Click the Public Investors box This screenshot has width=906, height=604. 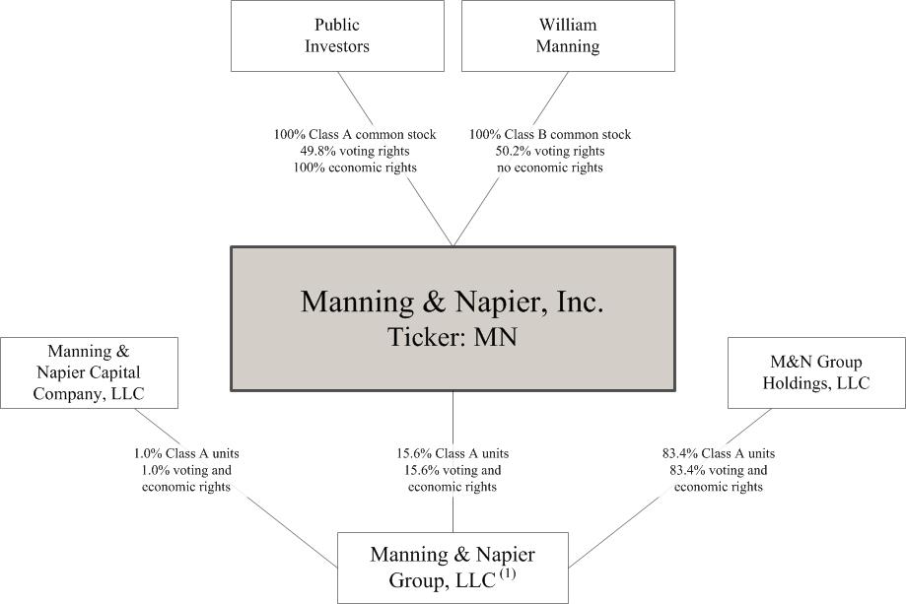pyautogui.click(x=337, y=35)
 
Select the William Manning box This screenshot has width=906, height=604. pyautogui.click(x=568, y=35)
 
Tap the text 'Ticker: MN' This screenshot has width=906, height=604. pyautogui.click(x=453, y=337)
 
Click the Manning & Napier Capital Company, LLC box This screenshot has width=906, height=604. pyautogui.click(x=89, y=373)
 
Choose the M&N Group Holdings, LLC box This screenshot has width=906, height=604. pyautogui.click(x=816, y=373)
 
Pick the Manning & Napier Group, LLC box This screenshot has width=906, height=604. pyautogui.click(x=453, y=568)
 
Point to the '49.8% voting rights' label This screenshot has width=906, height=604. pyautogui.click(x=355, y=152)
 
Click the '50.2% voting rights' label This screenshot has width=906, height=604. pyautogui.click(x=550, y=152)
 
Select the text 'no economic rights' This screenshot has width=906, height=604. pyautogui.click(x=550, y=168)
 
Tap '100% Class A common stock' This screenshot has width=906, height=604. pyautogui.click(x=355, y=135)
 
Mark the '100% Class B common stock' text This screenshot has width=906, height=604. pyautogui.click(x=550, y=135)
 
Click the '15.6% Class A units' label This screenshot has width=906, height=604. pyautogui.click(x=453, y=454)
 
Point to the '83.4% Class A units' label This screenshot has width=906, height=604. pyautogui.click(x=719, y=454)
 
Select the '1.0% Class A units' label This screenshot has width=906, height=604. pyautogui.click(x=186, y=454)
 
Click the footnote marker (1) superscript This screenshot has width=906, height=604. pyautogui.click(x=508, y=574)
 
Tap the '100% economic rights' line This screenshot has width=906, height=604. pyautogui.click(x=355, y=168)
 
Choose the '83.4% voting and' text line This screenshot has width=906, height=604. pyautogui.click(x=719, y=470)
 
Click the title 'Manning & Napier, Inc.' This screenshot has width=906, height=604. pyautogui.click(x=453, y=302)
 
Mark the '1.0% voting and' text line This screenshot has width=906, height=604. pyautogui.click(x=186, y=470)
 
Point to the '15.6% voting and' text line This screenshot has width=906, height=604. pyautogui.click(x=453, y=470)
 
